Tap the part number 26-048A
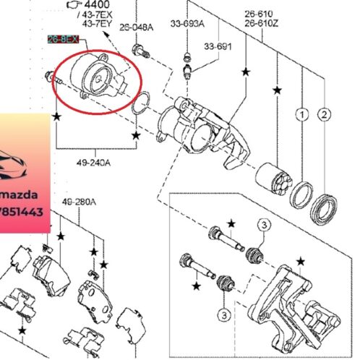pos(138,27)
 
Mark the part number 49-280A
pos(77,202)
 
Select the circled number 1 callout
pos(300,114)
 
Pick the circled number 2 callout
pos(324,114)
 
